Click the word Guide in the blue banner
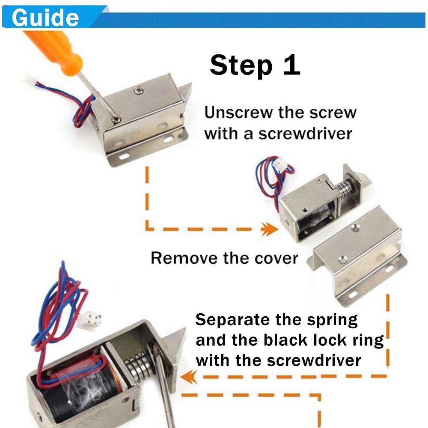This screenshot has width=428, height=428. click(x=45, y=18)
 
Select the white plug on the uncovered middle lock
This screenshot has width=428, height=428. click(x=281, y=165)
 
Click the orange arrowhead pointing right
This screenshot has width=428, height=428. click(x=270, y=229)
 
